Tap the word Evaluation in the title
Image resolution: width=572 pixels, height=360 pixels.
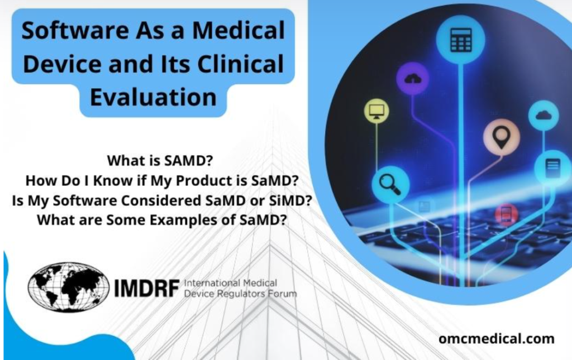pos(153,97)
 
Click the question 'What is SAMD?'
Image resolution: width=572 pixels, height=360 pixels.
pos(160,161)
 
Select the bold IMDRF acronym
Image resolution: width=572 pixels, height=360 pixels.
pos(146,288)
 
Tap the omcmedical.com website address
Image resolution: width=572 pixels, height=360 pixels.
pos(497,339)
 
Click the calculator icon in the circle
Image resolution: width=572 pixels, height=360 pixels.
pos(461,40)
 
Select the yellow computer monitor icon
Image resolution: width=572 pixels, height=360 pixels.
pos(376,111)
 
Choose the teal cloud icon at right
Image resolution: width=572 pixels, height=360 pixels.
pos(543,116)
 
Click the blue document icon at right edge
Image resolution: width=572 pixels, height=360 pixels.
pos(552,167)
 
